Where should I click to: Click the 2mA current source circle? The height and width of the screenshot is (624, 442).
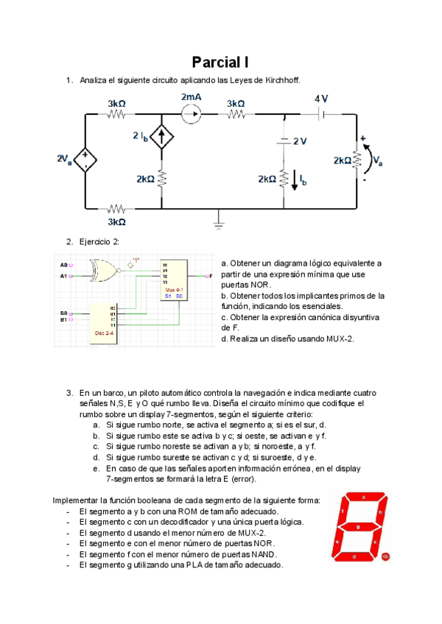point(191,114)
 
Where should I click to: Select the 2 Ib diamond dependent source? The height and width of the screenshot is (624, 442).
point(162,137)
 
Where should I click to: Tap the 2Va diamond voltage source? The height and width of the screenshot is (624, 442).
point(86,160)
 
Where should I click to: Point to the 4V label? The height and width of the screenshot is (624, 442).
point(321,99)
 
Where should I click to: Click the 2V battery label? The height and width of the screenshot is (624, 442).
point(298,141)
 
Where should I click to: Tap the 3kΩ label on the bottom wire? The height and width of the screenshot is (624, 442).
point(117,221)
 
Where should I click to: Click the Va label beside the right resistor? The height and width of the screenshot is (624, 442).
point(377,160)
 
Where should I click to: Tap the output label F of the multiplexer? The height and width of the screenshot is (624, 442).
point(211,276)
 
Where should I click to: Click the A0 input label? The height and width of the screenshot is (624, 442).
point(63,263)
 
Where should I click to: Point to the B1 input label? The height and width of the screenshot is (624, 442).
point(63,320)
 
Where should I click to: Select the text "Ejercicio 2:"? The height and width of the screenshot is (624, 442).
point(99,241)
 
